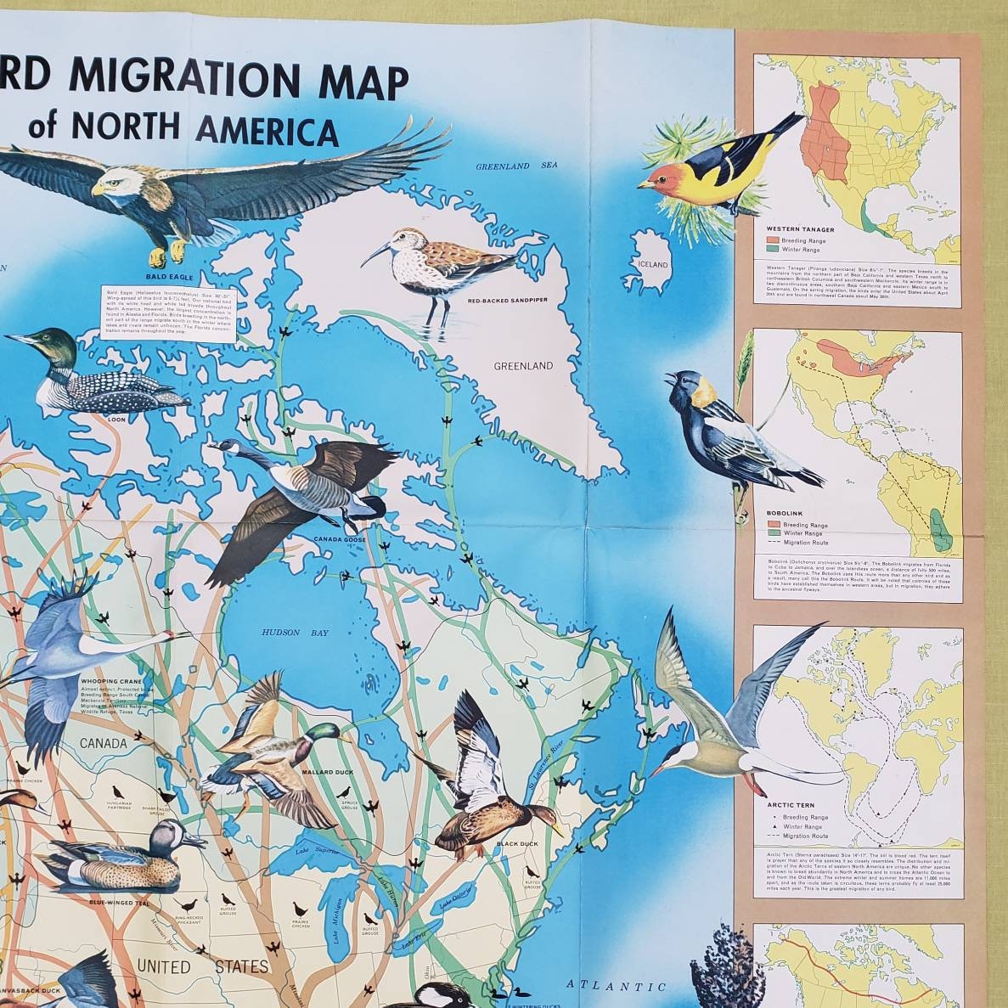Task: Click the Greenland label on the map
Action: [x=524, y=366]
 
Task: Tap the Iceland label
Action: [x=649, y=264]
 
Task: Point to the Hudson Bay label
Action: [x=283, y=633]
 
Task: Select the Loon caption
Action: [x=116, y=419]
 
